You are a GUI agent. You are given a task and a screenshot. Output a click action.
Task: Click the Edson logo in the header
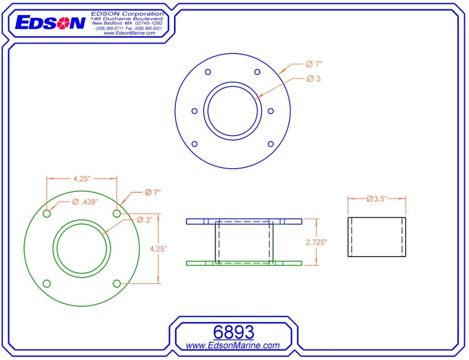tap(50, 22)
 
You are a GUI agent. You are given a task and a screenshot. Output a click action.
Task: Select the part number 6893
tap(233, 332)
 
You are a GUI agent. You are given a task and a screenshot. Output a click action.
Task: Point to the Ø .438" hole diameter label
tap(85, 202)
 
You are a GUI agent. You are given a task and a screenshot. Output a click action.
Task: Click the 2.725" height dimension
tap(316, 242)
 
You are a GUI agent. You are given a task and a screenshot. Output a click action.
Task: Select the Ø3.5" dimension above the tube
tap(377, 199)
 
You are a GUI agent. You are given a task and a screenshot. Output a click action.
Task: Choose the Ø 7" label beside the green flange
tap(153, 193)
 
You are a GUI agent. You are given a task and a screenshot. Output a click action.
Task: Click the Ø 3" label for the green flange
tap(145, 220)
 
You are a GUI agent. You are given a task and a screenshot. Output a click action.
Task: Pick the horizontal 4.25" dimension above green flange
tap(81, 179)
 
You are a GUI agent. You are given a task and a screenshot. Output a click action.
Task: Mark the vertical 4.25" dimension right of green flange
tap(158, 248)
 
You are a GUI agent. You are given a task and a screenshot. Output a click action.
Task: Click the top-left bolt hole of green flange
tap(47, 214)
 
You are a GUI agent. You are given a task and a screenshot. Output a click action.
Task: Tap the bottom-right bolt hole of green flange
tap(117, 284)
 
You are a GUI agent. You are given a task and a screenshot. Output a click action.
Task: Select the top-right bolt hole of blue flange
tap(257, 72)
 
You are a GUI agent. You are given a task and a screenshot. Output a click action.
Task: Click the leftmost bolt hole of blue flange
tap(194, 111)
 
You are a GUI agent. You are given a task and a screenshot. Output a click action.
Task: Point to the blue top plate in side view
tap(244, 221)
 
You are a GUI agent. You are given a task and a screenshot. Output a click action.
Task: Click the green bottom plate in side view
tap(244, 263)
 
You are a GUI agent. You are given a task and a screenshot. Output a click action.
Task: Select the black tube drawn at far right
tap(376, 237)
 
